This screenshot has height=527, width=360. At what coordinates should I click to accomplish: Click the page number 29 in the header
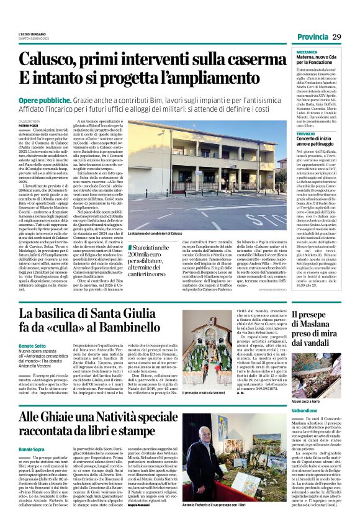click(336, 37)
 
